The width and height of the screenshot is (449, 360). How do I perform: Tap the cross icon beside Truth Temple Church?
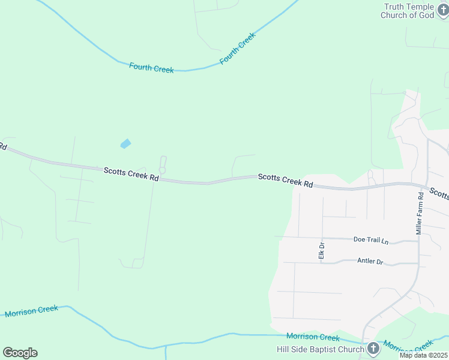(x=444, y=11)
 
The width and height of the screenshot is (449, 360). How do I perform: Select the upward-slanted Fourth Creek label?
(x=238, y=48)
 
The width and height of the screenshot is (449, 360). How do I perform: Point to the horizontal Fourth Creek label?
(x=151, y=68)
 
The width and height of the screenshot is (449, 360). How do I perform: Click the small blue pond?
(x=125, y=143)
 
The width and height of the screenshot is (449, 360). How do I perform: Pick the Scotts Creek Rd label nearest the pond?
(x=131, y=174)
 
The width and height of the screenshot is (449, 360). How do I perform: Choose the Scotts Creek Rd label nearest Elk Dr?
(x=286, y=181)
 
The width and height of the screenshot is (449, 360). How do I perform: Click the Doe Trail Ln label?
(x=371, y=240)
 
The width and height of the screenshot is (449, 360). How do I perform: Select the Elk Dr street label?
(x=321, y=251)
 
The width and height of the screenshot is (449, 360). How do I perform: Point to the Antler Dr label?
(x=370, y=261)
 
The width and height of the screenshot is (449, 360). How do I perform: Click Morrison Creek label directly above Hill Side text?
(x=313, y=337)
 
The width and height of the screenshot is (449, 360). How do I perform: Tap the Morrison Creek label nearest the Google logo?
(x=31, y=311)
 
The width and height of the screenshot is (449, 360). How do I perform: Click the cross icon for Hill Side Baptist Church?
(x=373, y=349)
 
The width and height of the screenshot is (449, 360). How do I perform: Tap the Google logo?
(x=20, y=353)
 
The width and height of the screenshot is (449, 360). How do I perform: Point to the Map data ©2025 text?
(x=423, y=355)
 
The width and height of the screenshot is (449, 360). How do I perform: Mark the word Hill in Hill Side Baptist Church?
(x=283, y=349)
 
